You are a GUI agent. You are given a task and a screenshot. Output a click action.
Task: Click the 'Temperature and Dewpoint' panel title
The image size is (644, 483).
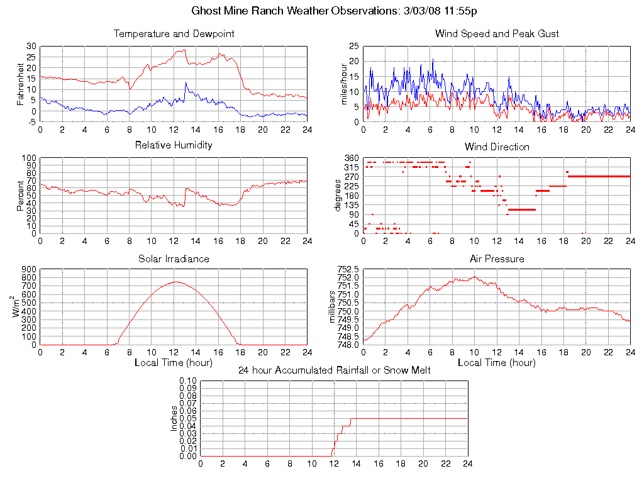tap(174, 33)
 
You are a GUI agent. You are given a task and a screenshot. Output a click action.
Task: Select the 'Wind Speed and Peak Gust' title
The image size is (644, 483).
tap(497, 33)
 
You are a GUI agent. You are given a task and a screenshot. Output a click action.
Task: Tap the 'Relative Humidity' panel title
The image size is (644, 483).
tap(174, 145)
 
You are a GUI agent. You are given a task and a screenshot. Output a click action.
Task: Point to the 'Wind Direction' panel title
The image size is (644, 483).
tap(497, 147)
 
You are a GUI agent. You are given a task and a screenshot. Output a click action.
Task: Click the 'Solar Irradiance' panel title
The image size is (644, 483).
tap(174, 258)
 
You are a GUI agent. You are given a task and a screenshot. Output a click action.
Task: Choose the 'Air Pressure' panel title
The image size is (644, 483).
tap(497, 258)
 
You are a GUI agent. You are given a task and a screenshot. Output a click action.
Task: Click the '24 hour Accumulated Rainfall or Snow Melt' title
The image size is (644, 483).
tap(334, 370)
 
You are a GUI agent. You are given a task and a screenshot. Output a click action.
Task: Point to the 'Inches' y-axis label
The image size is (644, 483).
tap(174, 418)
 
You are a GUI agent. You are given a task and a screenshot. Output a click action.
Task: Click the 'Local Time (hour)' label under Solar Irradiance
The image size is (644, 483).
tap(174, 362)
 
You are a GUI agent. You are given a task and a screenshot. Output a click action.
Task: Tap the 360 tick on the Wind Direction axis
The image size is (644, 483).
tap(351, 158)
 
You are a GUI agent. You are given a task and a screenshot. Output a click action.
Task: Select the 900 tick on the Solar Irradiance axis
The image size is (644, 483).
tap(29, 269)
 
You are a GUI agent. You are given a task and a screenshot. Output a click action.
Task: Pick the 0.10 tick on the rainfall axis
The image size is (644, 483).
tap(188, 380)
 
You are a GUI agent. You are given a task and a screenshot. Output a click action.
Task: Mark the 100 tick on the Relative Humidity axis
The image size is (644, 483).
tap(29, 158)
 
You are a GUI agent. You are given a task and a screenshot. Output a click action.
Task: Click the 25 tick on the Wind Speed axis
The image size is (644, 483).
tap(354, 46)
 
